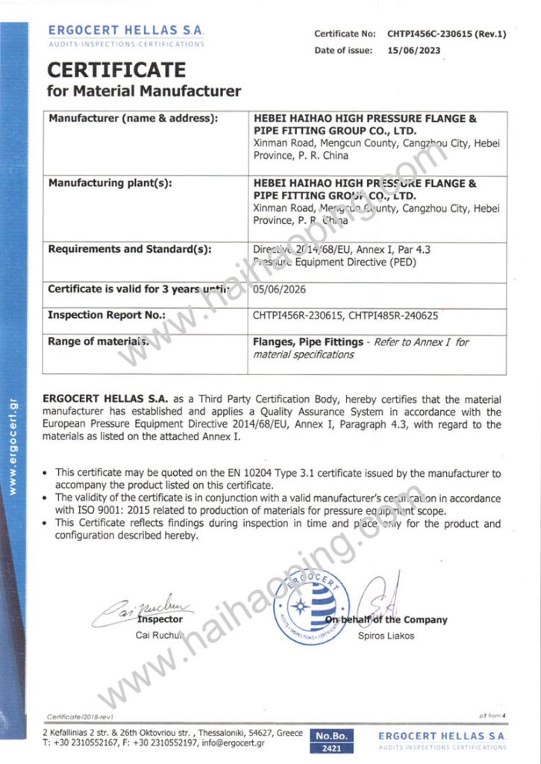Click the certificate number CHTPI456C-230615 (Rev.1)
pyautogui.click(x=446, y=34)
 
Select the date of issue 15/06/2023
pyautogui.click(x=413, y=51)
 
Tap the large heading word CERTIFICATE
pyautogui.click(x=116, y=70)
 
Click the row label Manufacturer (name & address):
pyautogui.click(x=133, y=119)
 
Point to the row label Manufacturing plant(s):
pyautogui.click(x=112, y=183)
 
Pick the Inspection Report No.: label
pyautogui.click(x=106, y=315)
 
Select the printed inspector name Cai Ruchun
pyautogui.click(x=160, y=636)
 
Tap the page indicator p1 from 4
pyautogui.click(x=492, y=716)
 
